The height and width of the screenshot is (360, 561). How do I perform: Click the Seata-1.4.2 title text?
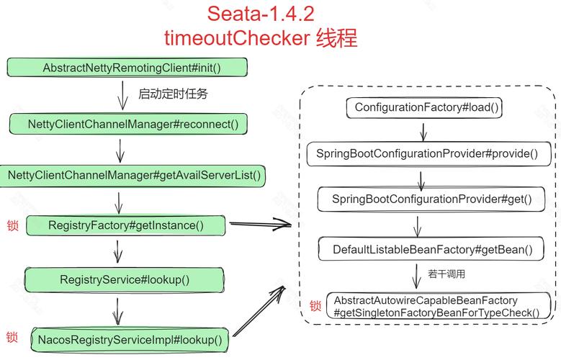pyautogui.click(x=261, y=14)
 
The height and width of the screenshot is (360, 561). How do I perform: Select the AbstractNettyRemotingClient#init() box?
pyautogui.click(x=127, y=67)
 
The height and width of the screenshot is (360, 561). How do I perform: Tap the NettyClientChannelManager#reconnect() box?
pyautogui.click(x=128, y=124)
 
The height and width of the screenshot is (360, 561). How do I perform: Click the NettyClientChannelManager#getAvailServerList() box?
pyautogui.click(x=133, y=176)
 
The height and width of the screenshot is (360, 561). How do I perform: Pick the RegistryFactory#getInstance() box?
pyautogui.click(x=125, y=225)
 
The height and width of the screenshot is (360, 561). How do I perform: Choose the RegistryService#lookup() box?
pyautogui.click(x=124, y=279)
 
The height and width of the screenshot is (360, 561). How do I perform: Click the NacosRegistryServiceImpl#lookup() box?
pyautogui.click(x=130, y=339)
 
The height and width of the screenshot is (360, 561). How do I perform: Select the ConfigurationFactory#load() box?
pyautogui.click(x=424, y=107)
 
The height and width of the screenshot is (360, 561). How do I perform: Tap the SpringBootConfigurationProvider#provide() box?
pyautogui.click(x=428, y=154)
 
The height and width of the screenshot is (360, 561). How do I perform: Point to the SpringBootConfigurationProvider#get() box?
pyautogui.click(x=431, y=199)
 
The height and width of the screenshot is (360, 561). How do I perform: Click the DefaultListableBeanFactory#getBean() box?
pyautogui.click(x=431, y=249)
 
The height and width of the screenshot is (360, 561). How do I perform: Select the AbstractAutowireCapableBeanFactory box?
pyautogui.click(x=439, y=306)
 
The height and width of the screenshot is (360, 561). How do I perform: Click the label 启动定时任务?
pyautogui.click(x=173, y=94)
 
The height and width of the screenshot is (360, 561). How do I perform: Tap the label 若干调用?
pyautogui.click(x=446, y=274)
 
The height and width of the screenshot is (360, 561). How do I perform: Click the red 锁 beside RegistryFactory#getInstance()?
pyautogui.click(x=12, y=225)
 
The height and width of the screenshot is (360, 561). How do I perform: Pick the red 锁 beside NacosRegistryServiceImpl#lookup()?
pyautogui.click(x=12, y=337)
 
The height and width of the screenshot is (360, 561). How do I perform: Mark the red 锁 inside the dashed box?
pyautogui.click(x=315, y=306)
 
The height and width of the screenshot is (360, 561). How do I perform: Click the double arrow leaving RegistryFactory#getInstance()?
pyautogui.click(x=261, y=224)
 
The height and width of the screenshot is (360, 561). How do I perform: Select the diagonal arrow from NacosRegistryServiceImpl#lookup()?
pyautogui.click(x=259, y=311)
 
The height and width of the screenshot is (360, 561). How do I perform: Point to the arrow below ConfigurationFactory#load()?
pyautogui.click(x=423, y=132)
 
